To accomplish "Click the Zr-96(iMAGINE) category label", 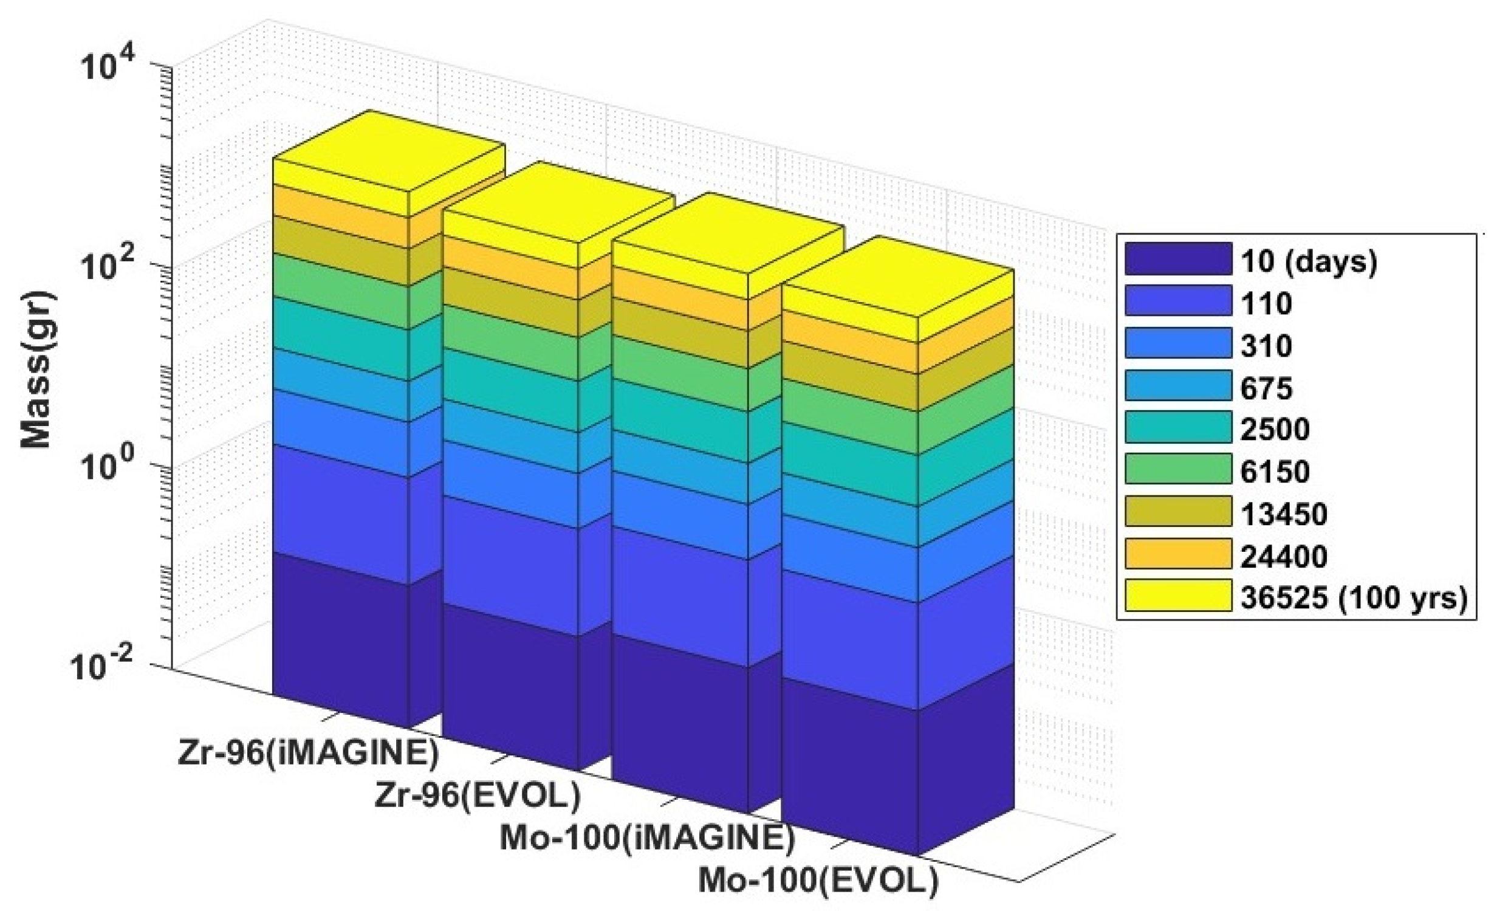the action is (x=309, y=753).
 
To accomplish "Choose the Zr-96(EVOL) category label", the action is (x=478, y=796).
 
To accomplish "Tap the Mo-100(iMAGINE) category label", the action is (x=648, y=838).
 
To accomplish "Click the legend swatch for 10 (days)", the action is (x=1178, y=260).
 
